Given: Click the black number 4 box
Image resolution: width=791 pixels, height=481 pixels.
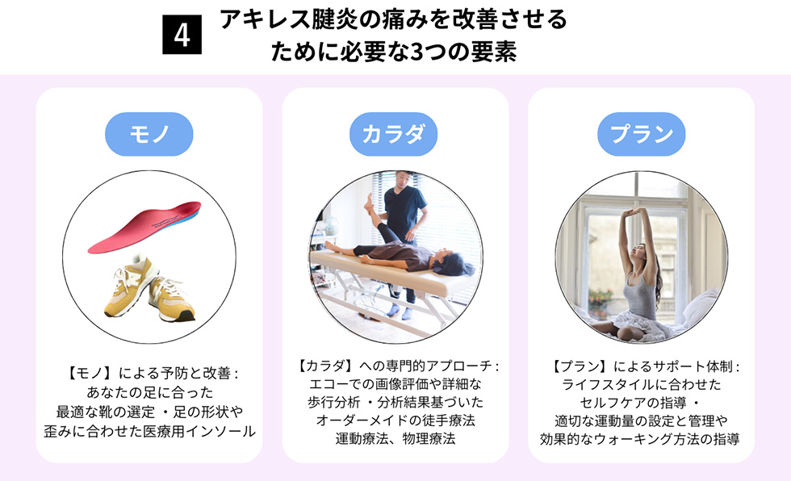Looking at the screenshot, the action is pyautogui.click(x=182, y=35).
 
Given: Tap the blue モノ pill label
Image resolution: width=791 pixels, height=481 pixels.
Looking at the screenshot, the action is pyautogui.click(x=149, y=134).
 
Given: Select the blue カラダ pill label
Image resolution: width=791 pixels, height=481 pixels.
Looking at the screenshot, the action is pyautogui.click(x=394, y=134).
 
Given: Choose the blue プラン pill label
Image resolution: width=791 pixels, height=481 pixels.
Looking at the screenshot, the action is pyautogui.click(x=641, y=134).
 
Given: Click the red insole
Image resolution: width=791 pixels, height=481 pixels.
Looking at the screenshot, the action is pyautogui.click(x=145, y=227).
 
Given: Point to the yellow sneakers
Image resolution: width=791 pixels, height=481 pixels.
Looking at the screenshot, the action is pyautogui.click(x=150, y=288).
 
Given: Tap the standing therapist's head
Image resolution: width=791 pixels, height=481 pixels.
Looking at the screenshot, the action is pyautogui.click(x=403, y=181).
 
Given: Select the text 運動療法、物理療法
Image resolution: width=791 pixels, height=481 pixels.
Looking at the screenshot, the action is pyautogui.click(x=395, y=439).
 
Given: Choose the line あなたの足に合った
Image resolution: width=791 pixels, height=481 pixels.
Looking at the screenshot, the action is pyautogui.click(x=150, y=393).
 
